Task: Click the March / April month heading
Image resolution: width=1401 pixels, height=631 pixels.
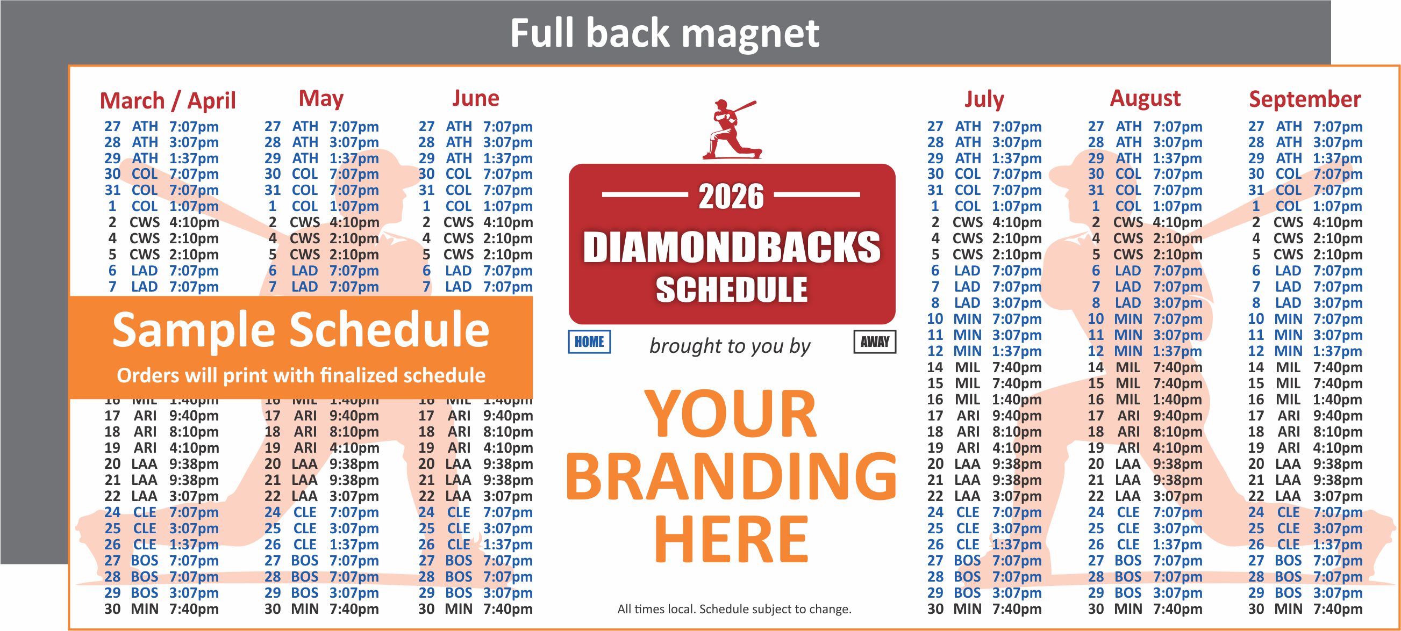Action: click(168, 101)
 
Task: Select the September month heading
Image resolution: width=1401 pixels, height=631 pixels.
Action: click(1304, 99)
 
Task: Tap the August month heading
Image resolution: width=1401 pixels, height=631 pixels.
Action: click(1145, 98)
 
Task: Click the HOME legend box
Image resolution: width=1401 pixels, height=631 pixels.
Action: click(589, 342)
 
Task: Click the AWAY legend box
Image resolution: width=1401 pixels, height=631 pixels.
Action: click(875, 342)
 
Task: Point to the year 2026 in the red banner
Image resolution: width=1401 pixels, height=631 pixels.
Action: click(731, 196)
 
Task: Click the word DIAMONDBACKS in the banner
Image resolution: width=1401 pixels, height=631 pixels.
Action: click(732, 247)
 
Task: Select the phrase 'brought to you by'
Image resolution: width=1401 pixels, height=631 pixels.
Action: click(730, 346)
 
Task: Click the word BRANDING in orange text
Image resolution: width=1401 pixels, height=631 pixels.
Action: click(732, 477)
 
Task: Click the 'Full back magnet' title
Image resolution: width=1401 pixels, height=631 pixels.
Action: click(664, 33)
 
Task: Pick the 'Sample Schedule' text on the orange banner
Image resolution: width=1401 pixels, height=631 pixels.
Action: click(300, 330)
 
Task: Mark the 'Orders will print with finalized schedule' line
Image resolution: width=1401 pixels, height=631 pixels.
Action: click(301, 375)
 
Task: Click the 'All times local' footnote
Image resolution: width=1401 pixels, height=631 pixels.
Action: click(734, 610)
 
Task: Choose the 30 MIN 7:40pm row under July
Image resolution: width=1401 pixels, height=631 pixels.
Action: click(984, 610)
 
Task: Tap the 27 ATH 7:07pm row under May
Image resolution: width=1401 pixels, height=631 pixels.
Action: click(321, 127)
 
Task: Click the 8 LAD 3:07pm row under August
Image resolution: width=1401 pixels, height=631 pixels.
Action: click(1145, 303)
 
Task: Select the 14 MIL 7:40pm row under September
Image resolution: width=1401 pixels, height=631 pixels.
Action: click(1305, 367)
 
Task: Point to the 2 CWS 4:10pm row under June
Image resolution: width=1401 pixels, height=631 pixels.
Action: click(475, 222)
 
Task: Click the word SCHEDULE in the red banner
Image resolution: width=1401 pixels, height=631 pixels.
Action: click(732, 289)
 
